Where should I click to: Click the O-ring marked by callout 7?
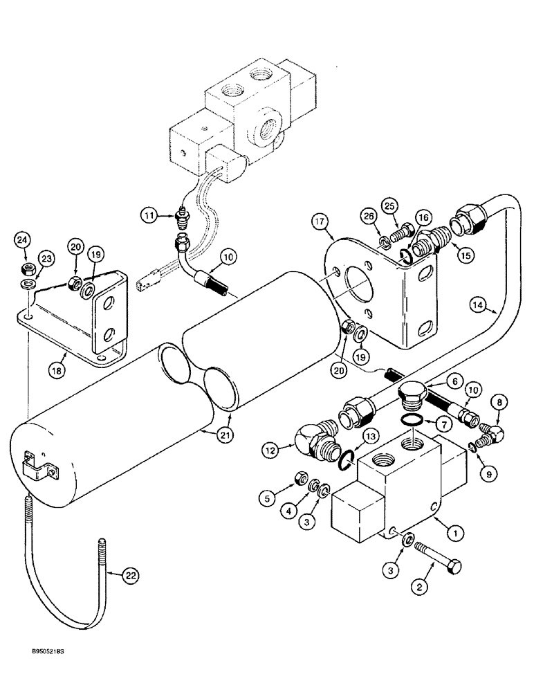(x=411, y=421)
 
